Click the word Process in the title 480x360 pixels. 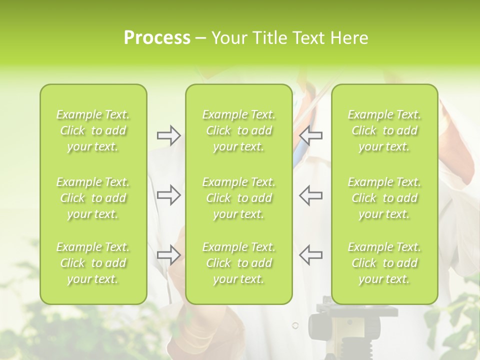[157, 38]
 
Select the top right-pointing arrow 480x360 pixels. [169, 135]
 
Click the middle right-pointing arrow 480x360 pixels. [169, 195]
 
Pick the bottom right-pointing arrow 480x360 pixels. [169, 254]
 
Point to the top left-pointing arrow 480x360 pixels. [311, 135]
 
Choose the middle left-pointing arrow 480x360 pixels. [311, 195]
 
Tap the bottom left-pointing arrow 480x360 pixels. [311, 254]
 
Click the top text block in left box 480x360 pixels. [93, 130]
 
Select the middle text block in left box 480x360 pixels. [93, 198]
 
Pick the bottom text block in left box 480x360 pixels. [93, 263]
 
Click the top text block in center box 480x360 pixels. [239, 130]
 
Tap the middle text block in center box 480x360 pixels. [239, 198]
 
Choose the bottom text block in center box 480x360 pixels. [239, 263]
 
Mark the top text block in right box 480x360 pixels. [384, 130]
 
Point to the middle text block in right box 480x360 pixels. [384, 198]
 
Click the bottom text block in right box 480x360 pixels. [384, 263]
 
